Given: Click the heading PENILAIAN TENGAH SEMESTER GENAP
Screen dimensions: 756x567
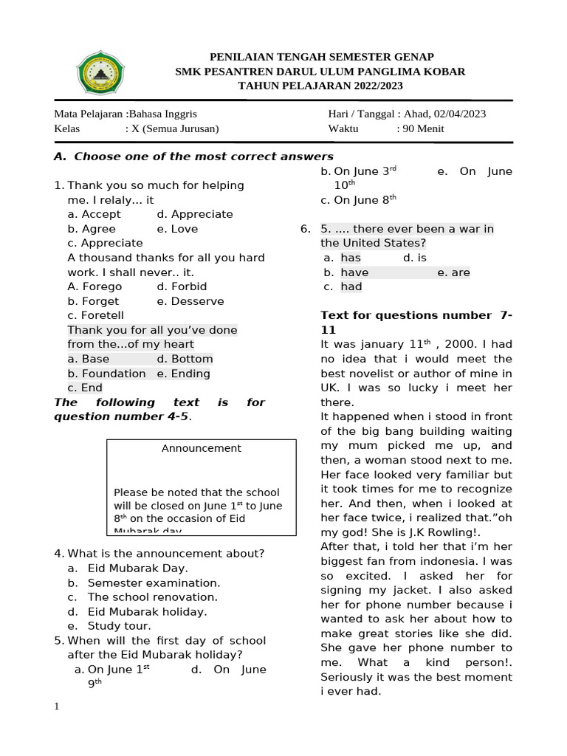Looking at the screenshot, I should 322,57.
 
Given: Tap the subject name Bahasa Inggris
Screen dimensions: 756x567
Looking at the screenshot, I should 162,114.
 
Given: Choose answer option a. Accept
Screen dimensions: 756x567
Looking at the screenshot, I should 94,214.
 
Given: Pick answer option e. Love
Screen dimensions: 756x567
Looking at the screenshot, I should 177,229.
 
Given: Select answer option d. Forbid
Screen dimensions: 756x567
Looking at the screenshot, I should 182,286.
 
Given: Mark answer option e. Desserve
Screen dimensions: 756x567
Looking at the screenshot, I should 190,301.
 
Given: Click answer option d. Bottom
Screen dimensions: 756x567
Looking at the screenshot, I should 185,359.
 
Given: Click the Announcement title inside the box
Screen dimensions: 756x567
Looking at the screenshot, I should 201,448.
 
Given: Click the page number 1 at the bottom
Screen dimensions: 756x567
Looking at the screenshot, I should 56,707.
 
